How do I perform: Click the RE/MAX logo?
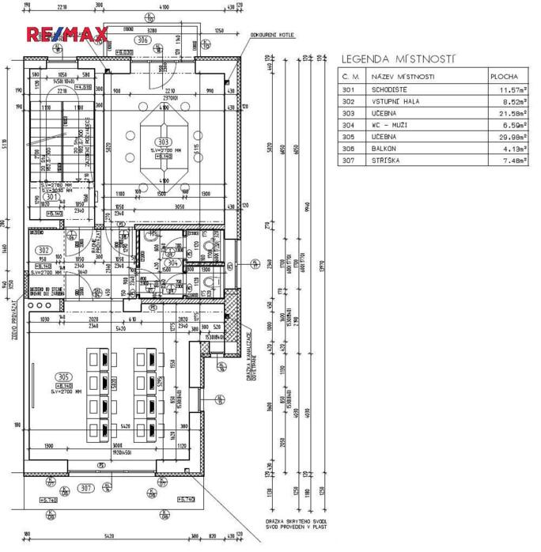point(67,35)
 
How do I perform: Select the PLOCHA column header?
point(504,77)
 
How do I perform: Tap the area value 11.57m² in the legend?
point(509,89)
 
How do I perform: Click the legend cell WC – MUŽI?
point(391,124)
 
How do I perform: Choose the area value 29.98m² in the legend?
point(509,136)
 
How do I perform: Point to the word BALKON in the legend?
point(384,148)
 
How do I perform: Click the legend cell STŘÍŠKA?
point(385,160)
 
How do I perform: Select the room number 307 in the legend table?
point(349,160)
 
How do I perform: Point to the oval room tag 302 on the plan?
point(44,250)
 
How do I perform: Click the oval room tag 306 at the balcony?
point(142,40)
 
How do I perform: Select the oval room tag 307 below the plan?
point(86,488)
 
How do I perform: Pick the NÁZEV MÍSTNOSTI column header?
point(403,77)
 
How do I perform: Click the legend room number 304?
point(349,124)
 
